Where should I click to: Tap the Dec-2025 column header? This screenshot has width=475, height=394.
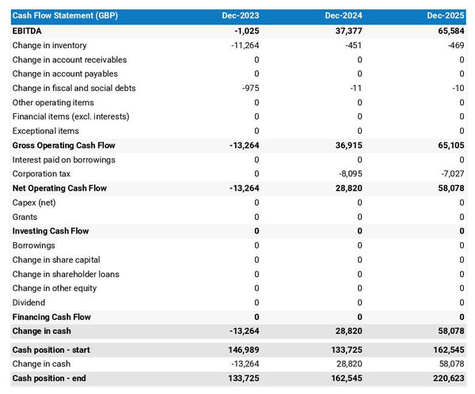point(446,16)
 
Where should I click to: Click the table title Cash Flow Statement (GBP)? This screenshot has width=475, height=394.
point(65,16)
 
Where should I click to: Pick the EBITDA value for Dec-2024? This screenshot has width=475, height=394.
point(346,31)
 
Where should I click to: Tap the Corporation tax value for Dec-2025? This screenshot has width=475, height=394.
point(451,174)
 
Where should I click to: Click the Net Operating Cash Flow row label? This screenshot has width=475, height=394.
point(59,188)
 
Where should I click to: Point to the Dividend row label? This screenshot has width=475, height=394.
point(29,302)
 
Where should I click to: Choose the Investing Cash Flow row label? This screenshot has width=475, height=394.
point(51,231)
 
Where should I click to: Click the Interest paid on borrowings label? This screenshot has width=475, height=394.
point(64,160)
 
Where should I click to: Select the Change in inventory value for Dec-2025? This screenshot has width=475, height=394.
point(455,45)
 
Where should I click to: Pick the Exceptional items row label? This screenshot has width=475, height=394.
point(46,131)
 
